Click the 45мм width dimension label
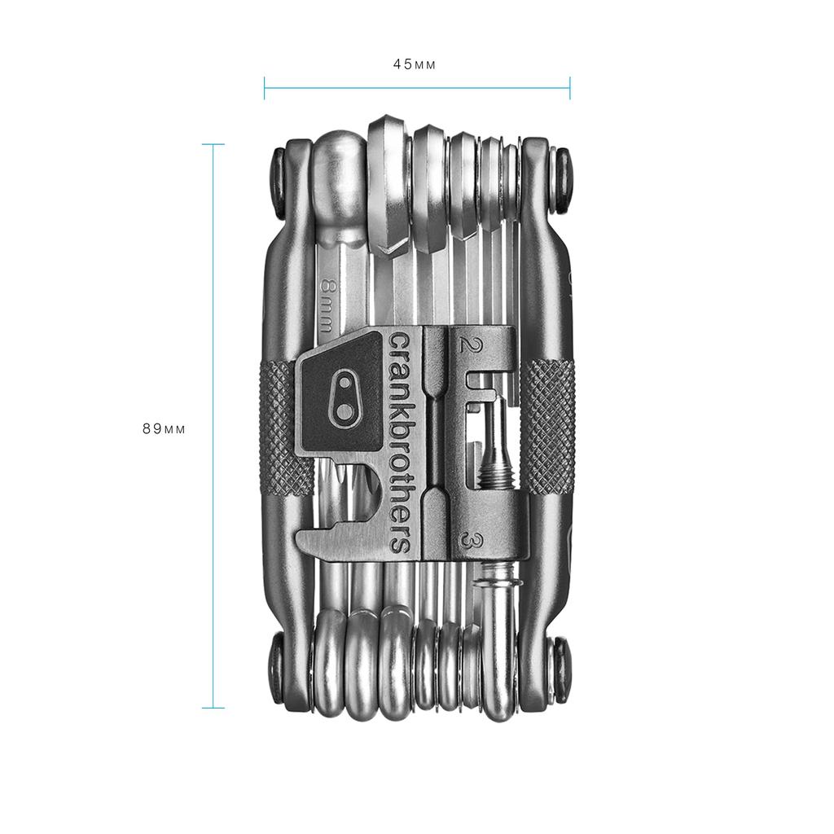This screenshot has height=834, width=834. click(415, 65)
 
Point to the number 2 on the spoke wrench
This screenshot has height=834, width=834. click(467, 344)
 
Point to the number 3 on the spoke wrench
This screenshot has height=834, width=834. click(469, 540)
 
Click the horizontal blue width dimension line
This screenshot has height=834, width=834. click(416, 88)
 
